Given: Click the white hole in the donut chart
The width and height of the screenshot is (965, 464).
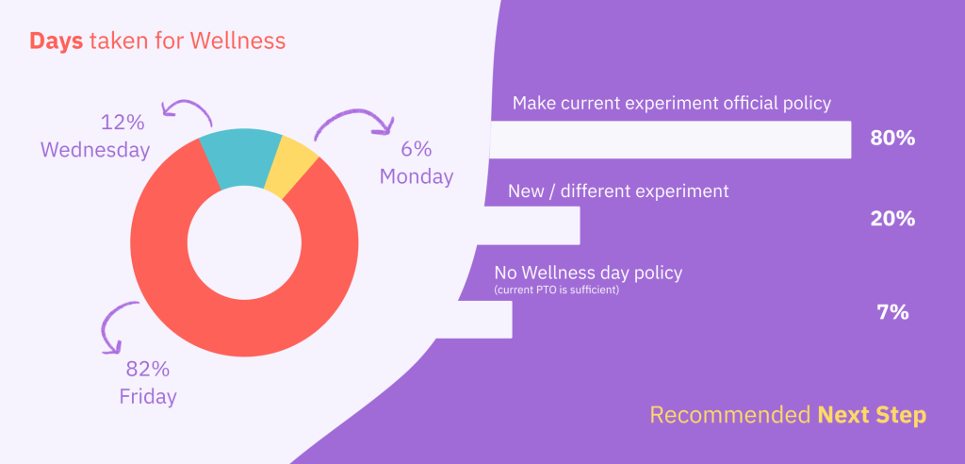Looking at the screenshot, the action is point(244,242).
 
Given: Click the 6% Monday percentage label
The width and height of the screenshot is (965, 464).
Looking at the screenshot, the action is point(416,163).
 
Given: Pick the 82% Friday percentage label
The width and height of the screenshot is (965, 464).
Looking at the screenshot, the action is point(148,383).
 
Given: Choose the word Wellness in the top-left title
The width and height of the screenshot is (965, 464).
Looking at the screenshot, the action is point(237,41).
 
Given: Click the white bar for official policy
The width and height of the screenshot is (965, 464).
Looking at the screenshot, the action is point(670,140).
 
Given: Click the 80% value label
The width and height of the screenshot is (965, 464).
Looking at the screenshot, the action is point(892,138).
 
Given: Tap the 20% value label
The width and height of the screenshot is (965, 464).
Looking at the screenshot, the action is point(892,219).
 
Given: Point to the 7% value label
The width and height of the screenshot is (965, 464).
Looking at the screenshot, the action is point(892,312).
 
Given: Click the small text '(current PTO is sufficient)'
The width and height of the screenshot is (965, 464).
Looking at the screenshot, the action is point(556,289).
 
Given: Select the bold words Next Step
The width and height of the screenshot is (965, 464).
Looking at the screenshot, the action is point(872,415).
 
